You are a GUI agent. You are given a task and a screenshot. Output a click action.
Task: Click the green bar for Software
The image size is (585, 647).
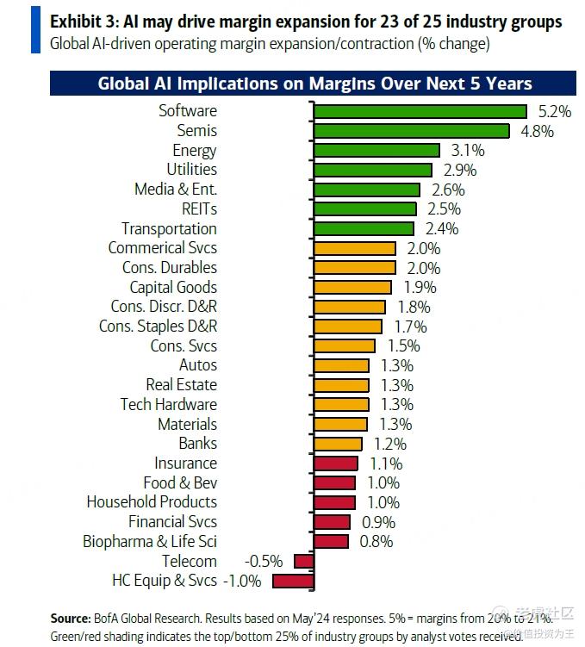click(x=420, y=111)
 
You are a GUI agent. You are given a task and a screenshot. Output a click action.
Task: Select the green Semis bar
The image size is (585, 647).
click(x=411, y=131)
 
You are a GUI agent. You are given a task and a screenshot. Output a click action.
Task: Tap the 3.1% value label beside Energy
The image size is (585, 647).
click(x=467, y=151)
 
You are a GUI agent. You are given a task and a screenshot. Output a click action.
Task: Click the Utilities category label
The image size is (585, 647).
click(x=191, y=170)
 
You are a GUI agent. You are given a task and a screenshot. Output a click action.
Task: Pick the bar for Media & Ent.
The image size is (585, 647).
click(x=366, y=190)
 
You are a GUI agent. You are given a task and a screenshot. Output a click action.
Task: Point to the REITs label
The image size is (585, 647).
click(x=199, y=208)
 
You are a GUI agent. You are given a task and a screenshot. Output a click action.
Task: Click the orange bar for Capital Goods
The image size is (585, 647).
click(x=352, y=287)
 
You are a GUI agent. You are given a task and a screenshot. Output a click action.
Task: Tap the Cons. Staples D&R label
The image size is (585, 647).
click(x=158, y=327)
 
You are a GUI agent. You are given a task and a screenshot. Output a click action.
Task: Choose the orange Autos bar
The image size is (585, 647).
click(x=341, y=365)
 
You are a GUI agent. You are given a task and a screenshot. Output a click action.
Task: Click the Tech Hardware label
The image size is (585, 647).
click(x=168, y=404)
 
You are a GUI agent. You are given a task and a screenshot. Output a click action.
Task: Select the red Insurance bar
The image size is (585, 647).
click(x=335, y=463)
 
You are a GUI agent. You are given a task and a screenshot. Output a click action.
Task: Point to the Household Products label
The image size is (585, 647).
click(x=152, y=501)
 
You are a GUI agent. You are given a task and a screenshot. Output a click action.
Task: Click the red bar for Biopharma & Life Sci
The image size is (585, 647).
click(x=331, y=541)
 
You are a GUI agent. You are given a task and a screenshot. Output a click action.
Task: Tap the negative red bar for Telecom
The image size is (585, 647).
click(x=303, y=561)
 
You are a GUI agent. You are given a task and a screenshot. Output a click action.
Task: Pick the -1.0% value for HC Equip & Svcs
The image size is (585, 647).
click(x=242, y=581)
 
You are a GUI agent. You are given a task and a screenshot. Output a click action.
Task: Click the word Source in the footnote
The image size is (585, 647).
click(x=70, y=619)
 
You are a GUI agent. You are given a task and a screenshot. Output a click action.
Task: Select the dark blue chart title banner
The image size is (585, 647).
click(x=314, y=84)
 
